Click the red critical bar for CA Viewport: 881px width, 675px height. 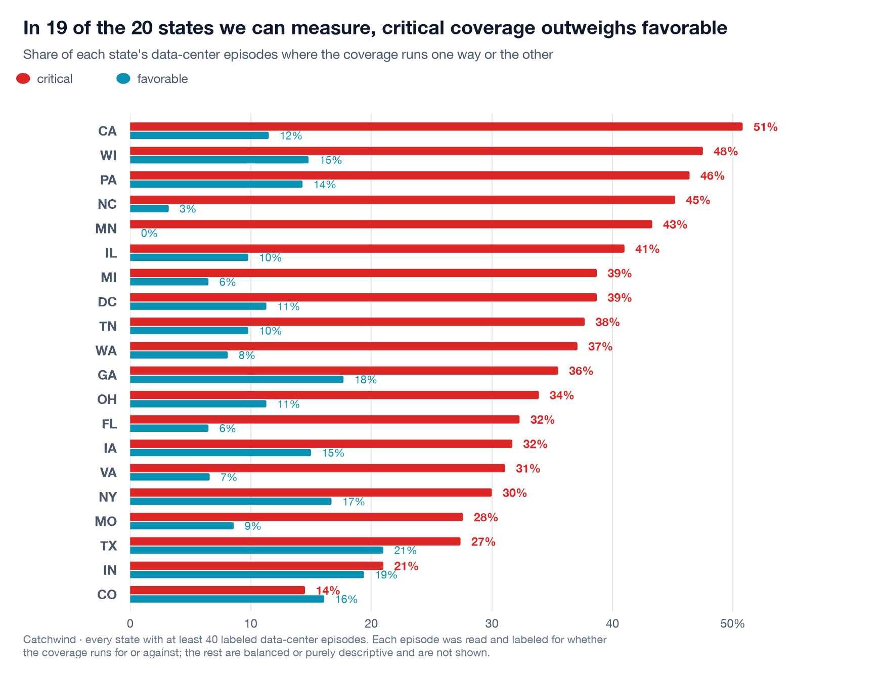436,126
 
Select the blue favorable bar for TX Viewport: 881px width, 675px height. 256,550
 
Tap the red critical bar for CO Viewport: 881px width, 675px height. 217,590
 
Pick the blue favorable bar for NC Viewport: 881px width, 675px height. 149,208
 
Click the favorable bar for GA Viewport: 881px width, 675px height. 237,379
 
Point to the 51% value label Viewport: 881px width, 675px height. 765,127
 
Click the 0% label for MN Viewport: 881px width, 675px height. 149,233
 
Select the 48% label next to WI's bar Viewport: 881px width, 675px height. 725,151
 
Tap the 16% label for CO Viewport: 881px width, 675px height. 346,599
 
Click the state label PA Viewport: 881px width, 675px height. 108,180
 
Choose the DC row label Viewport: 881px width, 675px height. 107,302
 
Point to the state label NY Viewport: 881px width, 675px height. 108,497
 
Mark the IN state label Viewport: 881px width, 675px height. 110,570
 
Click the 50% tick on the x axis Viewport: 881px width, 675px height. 732,624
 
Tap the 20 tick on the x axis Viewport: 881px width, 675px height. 371,624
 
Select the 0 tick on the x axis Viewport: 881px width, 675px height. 130,624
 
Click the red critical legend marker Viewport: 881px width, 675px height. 23,78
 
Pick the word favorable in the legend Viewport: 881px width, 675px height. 162,79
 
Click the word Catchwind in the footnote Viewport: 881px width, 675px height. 50,640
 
